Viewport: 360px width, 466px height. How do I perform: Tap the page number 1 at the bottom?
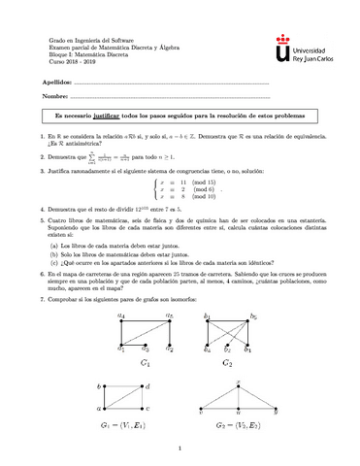(x=180, y=448)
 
